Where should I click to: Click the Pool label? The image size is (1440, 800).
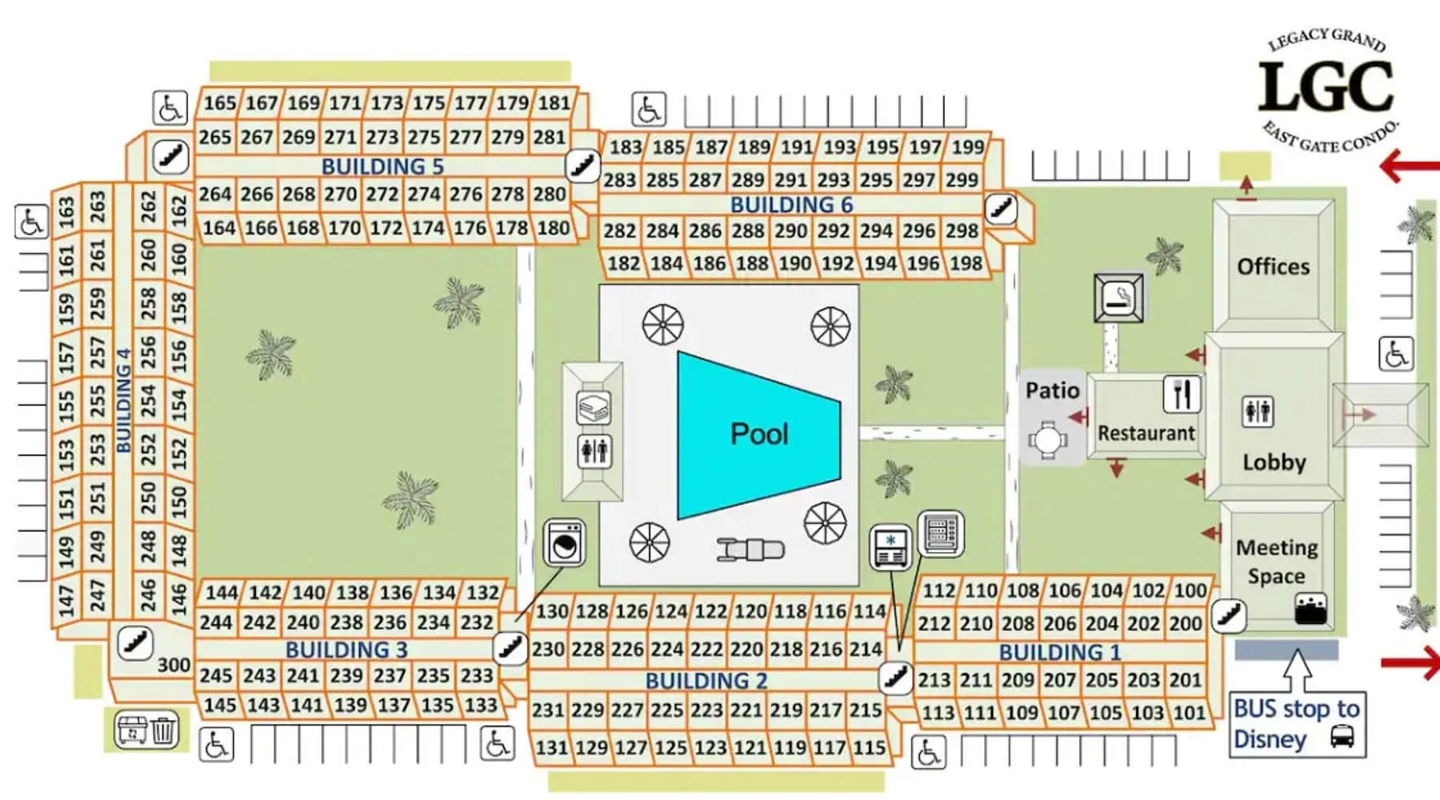click(758, 434)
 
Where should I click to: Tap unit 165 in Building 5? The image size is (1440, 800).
click(219, 103)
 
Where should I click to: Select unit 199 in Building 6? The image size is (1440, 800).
click(967, 147)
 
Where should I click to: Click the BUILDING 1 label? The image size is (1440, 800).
click(1059, 653)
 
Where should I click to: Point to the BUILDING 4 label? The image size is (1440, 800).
click(123, 400)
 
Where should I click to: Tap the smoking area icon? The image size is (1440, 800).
click(1118, 298)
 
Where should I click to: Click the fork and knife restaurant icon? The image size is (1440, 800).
click(1182, 394)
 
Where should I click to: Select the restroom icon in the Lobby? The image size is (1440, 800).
click(1258, 412)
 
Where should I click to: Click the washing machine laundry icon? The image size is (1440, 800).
click(565, 543)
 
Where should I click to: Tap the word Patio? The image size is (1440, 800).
click(1052, 390)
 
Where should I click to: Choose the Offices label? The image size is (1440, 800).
click(1273, 266)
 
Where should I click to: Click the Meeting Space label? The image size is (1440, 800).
click(1276, 562)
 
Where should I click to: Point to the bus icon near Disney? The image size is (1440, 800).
click(1342, 736)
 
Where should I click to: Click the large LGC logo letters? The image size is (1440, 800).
click(1326, 88)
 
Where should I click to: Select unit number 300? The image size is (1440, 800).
click(174, 666)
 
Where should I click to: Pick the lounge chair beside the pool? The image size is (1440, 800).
click(750, 550)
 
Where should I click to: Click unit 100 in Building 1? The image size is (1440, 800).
click(1190, 590)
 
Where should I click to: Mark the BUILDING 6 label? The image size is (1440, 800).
click(791, 205)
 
